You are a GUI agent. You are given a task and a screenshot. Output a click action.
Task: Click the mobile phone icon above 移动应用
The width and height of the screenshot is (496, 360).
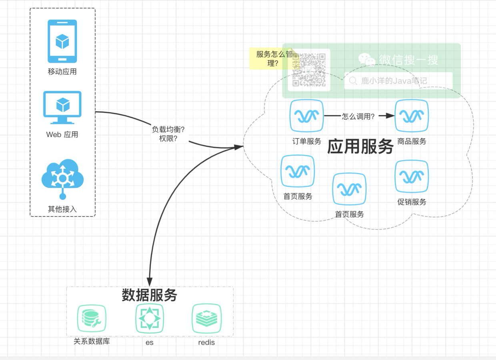coord(62,42)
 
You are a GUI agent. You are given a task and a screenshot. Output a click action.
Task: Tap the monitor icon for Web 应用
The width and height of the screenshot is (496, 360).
coord(62,107)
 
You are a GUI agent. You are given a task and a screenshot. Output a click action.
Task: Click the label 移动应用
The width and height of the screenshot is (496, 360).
coord(62,72)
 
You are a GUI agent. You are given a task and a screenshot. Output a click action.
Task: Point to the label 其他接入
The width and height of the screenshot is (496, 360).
coord(62,209)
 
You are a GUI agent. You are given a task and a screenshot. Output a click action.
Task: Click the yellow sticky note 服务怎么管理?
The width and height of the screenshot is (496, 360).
coord(273,59)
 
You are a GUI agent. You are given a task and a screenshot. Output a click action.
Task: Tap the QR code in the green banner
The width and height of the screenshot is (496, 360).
coord(309,70)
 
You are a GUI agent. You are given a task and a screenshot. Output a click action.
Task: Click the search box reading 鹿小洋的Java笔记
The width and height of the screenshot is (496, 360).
coord(398,80)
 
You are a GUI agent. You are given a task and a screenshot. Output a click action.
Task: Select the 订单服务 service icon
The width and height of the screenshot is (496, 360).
coord(307,116)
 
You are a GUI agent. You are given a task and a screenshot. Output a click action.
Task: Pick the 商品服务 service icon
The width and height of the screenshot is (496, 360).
coord(412,116)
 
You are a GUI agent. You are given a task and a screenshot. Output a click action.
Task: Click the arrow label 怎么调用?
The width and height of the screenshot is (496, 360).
coord(358,116)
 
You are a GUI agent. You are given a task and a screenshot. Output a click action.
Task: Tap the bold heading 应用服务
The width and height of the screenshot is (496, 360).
coord(360,146)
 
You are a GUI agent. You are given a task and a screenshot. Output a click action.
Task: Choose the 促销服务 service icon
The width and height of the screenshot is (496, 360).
coord(412,176)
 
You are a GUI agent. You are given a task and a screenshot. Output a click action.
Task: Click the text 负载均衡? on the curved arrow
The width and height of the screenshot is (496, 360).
coord(168,129)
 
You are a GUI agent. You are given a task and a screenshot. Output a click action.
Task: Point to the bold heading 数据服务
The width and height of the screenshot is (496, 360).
coord(149,295)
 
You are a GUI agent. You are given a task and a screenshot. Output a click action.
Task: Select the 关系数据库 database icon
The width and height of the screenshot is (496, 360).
coord(92,318)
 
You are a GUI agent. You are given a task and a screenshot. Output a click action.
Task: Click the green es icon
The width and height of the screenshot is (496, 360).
coord(150,318)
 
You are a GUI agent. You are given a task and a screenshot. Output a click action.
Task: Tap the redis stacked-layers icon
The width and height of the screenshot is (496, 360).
coord(206,318)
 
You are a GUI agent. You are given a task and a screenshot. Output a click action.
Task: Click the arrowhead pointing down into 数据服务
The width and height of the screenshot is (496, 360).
coord(150,282)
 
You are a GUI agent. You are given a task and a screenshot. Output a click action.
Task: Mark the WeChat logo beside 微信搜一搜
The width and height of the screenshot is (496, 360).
coord(367,59)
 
